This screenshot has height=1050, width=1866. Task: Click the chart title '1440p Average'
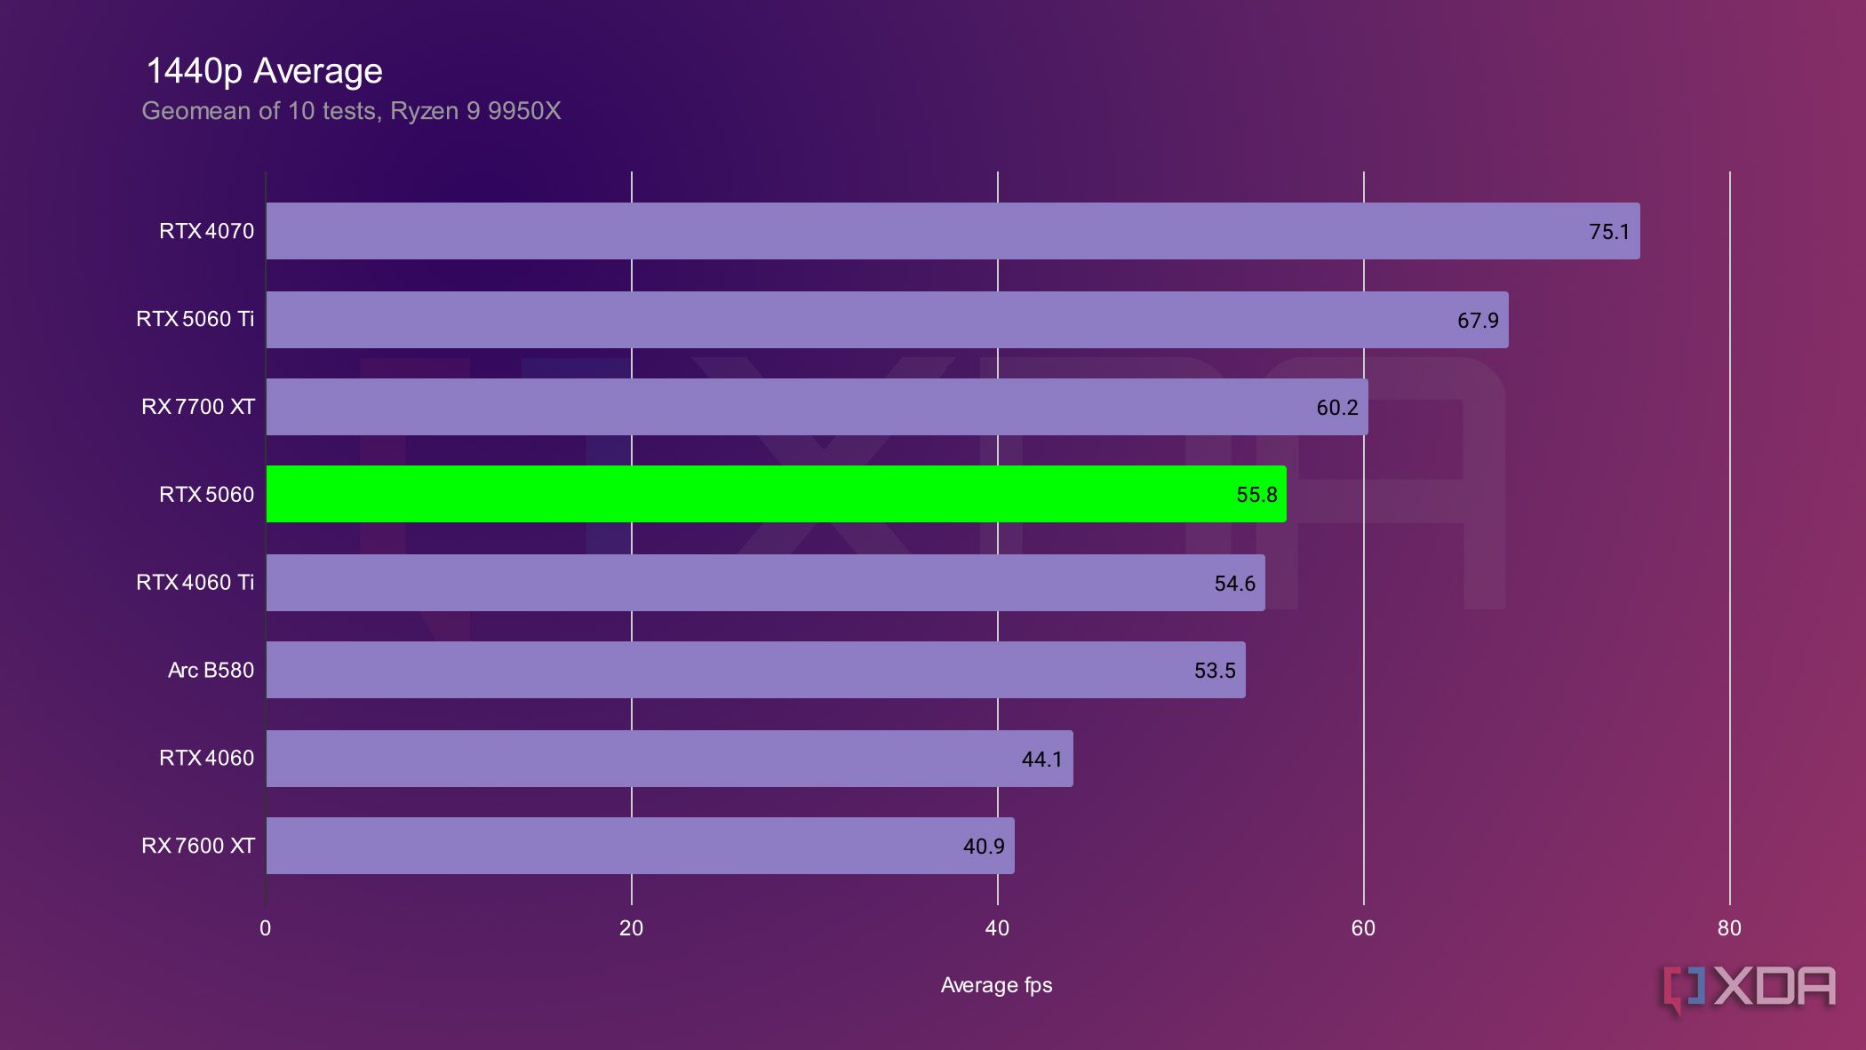point(264,71)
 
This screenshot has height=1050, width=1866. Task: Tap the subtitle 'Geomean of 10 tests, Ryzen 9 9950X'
point(351,111)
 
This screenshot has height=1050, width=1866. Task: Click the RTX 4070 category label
point(206,231)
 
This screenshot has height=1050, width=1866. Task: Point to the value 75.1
point(1608,232)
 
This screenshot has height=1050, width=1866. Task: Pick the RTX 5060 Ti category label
point(195,319)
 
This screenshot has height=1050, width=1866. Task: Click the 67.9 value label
point(1477,320)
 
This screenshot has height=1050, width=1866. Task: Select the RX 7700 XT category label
point(197,407)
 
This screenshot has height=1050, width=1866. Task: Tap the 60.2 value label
point(1336,408)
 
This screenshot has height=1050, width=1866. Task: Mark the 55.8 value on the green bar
point(1256,495)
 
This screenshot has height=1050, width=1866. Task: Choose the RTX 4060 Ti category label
point(195,583)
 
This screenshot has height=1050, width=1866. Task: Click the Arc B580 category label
point(211,670)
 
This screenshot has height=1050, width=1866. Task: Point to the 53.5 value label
point(1215,671)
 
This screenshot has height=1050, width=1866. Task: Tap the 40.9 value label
point(984,847)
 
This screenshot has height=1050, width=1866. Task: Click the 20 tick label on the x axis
point(631,928)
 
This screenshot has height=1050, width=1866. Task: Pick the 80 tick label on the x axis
point(1728,928)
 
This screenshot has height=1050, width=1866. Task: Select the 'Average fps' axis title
point(996,985)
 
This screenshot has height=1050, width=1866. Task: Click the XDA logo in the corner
point(1749,988)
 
